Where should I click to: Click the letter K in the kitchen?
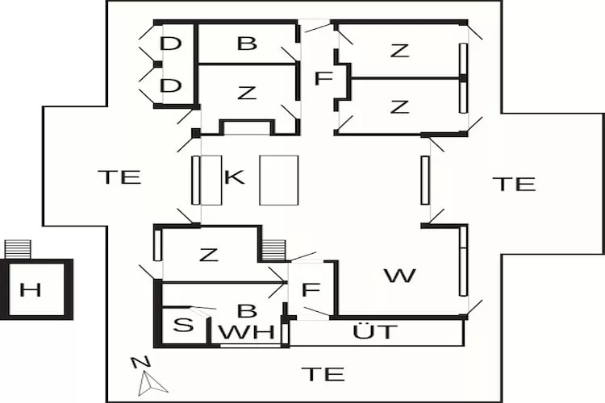(235, 177)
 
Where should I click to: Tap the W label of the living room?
(400, 276)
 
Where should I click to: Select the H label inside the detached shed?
(31, 289)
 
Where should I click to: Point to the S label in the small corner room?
(183, 325)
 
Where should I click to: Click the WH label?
(247, 332)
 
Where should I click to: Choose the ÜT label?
(374, 331)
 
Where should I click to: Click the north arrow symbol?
(152, 383)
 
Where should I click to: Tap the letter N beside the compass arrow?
(140, 363)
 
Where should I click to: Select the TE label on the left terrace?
(119, 177)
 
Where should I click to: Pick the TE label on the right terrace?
(515, 184)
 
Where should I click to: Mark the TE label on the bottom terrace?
(323, 374)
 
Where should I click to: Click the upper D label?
(170, 44)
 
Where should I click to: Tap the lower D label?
(170, 85)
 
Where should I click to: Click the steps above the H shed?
(18, 249)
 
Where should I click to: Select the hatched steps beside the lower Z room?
(273, 251)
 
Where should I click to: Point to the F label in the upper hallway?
(323, 78)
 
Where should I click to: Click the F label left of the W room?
(311, 289)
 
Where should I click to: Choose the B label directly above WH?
(247, 310)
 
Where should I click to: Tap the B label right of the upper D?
(247, 44)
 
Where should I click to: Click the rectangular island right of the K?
(278, 180)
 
